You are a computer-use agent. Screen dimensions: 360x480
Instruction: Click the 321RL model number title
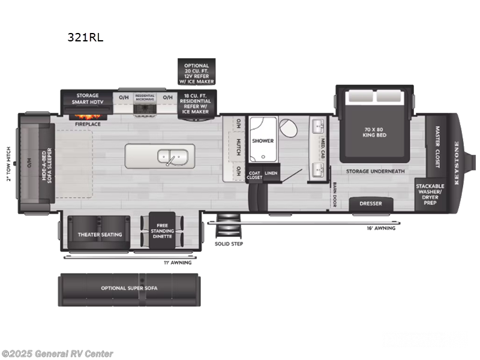point(86,37)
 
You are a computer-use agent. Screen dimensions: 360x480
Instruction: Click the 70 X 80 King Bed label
point(376,131)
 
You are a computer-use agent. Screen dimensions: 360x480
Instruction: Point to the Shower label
point(263,141)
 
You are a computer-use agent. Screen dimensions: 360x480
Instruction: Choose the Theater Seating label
point(100,234)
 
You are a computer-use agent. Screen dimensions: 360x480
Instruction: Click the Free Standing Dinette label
point(162,232)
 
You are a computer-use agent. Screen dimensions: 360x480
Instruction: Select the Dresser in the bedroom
point(371,203)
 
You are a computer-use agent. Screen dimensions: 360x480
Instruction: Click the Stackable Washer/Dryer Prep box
point(430,194)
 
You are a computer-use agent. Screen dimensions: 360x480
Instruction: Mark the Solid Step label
point(229,244)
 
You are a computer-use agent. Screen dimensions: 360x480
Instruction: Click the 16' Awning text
point(381,228)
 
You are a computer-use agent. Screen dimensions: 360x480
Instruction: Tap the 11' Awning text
point(178,263)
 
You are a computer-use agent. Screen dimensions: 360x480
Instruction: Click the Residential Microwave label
point(145,96)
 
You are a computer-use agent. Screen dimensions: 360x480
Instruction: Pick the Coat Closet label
point(254,175)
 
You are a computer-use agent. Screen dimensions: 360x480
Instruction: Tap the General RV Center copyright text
point(58,354)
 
